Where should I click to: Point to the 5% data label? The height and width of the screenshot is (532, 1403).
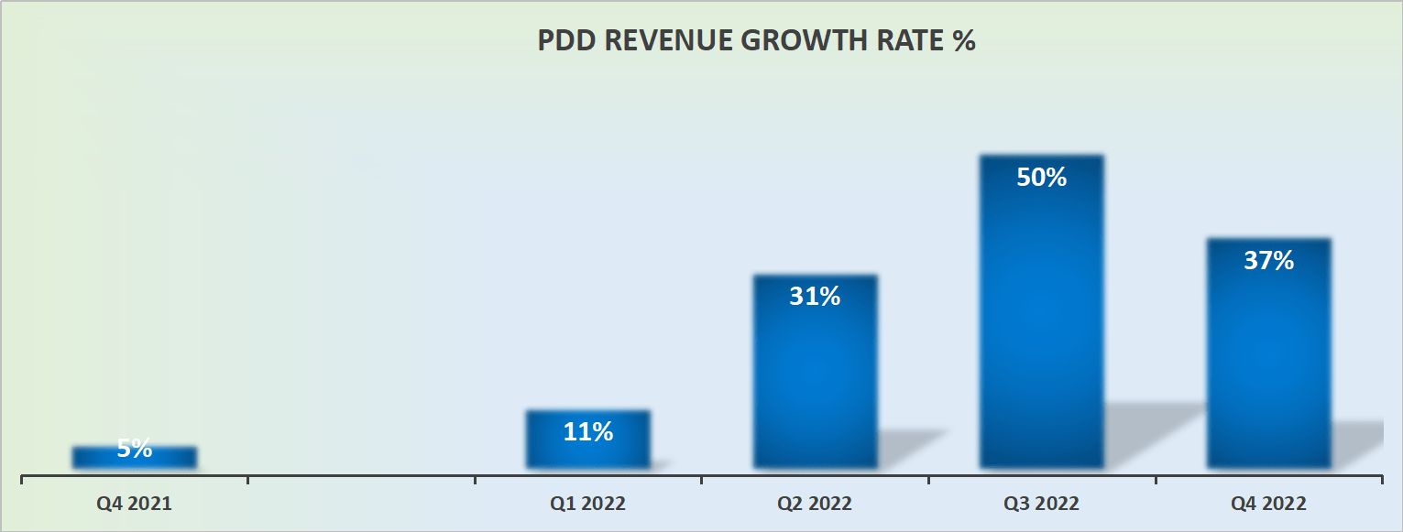135,449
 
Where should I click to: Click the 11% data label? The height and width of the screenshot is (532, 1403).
587,431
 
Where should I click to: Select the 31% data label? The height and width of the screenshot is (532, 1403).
815,296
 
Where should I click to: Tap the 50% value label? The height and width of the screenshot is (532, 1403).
1041,177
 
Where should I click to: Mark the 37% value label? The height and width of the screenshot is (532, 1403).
1268,260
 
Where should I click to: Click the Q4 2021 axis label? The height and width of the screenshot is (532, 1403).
135,503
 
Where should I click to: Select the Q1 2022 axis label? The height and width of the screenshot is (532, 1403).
587,504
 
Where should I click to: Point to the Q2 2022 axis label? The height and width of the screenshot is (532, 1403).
815,504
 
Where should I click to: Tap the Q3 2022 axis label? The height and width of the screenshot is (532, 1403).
1041,504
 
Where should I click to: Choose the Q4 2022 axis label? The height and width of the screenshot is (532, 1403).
1268,504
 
